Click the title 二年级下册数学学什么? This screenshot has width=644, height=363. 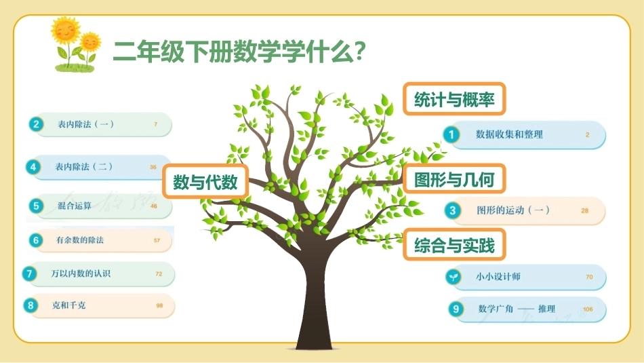tap(239, 52)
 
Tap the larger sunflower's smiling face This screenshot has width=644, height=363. tap(66, 30)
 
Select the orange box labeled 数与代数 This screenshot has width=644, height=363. tap(205, 182)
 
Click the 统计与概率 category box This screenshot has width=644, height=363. tap(454, 99)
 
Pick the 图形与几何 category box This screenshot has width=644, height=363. tap(454, 179)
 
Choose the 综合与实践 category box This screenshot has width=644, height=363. tap(454, 245)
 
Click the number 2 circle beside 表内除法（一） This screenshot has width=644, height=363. tap(36, 124)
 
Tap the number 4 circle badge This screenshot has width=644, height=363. tap(33, 167)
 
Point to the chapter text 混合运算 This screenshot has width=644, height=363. tap(75, 206)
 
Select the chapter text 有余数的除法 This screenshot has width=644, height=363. tap(80, 240)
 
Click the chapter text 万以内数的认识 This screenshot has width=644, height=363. tap(81, 273)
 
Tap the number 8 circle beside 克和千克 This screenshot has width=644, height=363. tap(31, 305)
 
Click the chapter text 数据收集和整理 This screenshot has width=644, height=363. tap(509, 134)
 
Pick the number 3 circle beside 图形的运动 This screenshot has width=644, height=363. tap(452, 210)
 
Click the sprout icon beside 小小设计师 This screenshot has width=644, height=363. tap(454, 277)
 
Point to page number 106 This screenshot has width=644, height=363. tap(588, 309)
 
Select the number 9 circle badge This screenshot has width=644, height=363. tap(456, 309)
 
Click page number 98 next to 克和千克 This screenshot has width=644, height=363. tap(159, 305)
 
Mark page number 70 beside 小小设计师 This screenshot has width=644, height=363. tap(589, 277)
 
